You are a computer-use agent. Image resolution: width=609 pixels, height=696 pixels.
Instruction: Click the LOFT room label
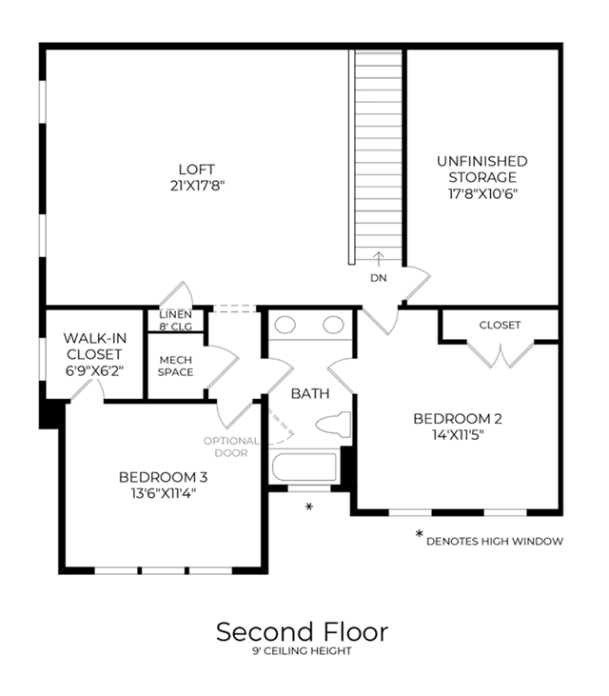[x=196, y=169]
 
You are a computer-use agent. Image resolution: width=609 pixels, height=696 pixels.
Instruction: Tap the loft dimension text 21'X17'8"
[x=197, y=186]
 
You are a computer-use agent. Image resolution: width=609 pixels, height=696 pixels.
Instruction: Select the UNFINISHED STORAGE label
[x=482, y=169]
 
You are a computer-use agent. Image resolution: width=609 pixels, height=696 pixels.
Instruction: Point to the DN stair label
[x=379, y=278]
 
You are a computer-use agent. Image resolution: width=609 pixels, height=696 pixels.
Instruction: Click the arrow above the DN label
[x=379, y=259]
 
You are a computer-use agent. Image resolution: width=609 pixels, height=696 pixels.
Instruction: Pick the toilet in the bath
[x=333, y=425]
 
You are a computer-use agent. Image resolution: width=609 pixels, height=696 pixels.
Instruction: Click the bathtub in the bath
[x=304, y=467]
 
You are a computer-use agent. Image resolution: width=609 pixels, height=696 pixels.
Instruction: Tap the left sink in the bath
[x=285, y=325]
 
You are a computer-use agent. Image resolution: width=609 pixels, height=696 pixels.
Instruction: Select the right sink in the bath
[x=333, y=325]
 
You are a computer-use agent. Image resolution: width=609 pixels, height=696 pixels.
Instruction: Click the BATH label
[x=310, y=393]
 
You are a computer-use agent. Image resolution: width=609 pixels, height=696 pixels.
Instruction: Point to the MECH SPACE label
[x=176, y=366]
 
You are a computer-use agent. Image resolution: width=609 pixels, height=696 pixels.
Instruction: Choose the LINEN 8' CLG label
[x=176, y=321]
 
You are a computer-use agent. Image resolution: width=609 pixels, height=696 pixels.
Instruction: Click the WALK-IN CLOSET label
[x=94, y=347]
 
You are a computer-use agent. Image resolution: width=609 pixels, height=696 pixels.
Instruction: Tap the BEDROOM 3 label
[x=164, y=477]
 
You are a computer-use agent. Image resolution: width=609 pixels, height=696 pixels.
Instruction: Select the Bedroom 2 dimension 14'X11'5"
[x=458, y=434]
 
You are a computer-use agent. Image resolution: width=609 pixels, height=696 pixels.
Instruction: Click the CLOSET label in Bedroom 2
[x=500, y=325]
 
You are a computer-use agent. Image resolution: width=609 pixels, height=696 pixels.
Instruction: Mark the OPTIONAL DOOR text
[x=231, y=447]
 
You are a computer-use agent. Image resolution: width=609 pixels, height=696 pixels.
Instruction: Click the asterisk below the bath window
[x=309, y=507]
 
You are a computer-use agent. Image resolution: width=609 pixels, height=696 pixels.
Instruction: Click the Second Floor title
[x=302, y=631]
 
